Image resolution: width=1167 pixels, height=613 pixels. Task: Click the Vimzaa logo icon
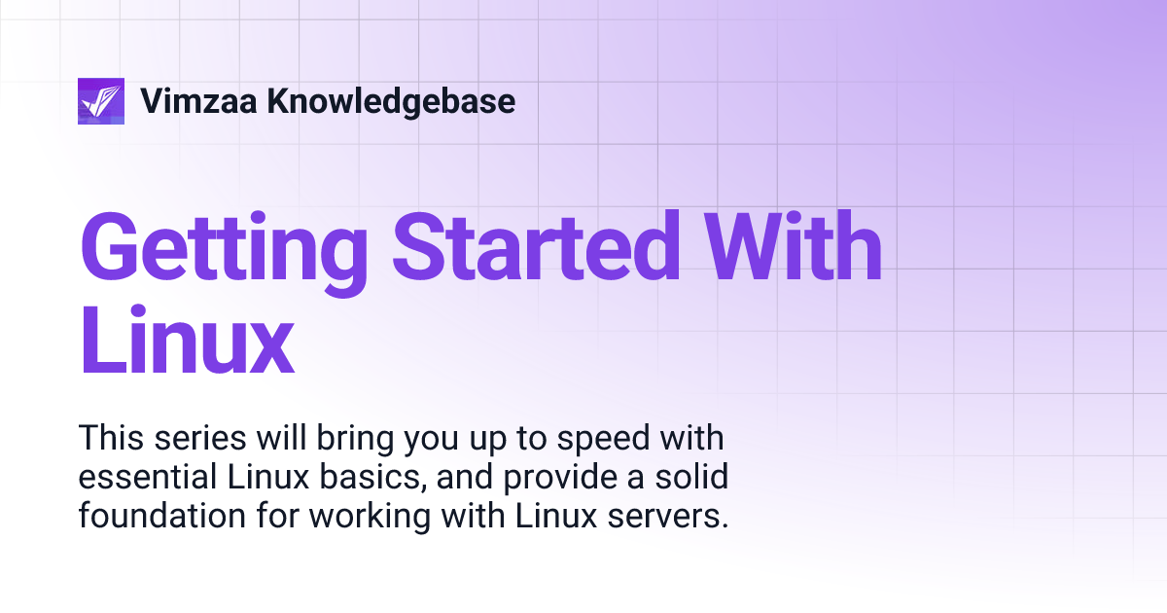point(101,101)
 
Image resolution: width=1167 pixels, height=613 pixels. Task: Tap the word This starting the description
point(113,438)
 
